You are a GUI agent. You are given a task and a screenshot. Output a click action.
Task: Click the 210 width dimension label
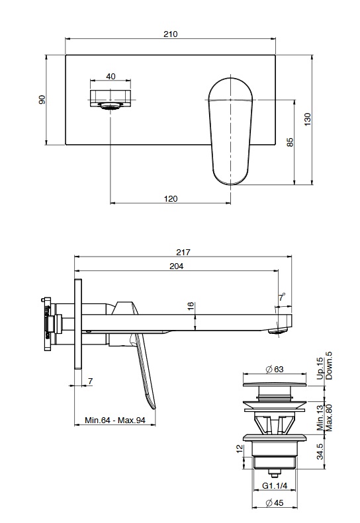pos(170,34)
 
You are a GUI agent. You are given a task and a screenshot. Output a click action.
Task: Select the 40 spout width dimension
pos(111,77)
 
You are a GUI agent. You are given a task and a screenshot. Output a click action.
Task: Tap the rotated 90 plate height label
pos(42,99)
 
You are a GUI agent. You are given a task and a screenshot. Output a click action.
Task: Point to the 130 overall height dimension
pos(308,120)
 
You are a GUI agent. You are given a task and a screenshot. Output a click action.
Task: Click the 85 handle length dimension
pos(290,142)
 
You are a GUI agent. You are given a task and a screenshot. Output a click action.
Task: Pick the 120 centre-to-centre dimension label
pos(171,199)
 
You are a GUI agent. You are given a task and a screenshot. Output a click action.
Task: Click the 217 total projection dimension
pos(183,252)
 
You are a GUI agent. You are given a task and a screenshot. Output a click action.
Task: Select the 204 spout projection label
pos(177,266)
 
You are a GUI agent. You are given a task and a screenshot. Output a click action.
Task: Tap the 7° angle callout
pos(282,297)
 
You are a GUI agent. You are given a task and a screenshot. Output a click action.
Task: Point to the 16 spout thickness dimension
pos(191,307)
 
